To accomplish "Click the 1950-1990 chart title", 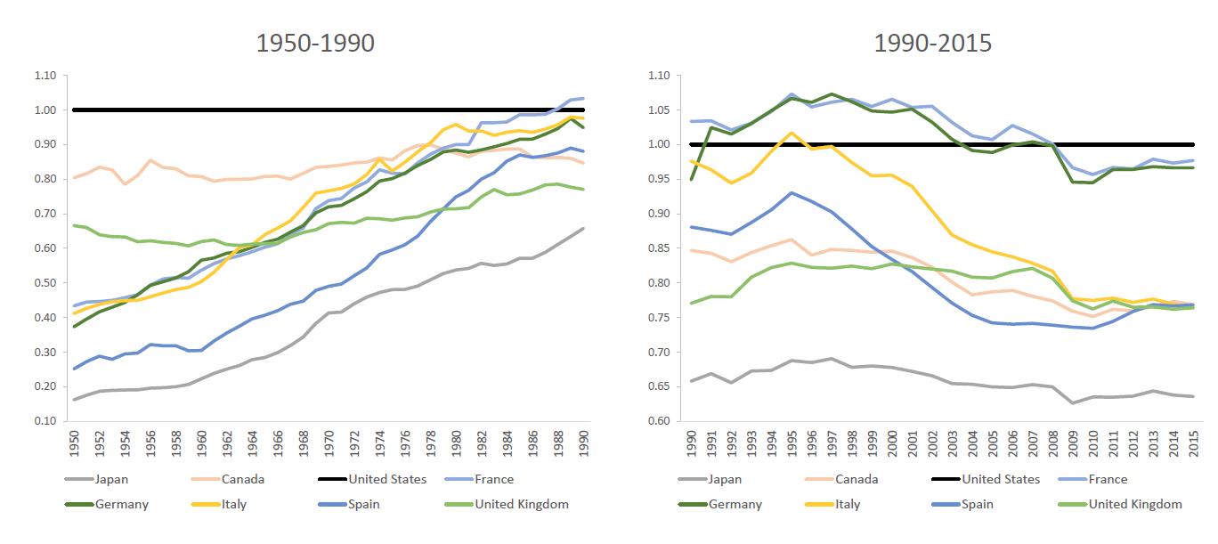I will (315, 44).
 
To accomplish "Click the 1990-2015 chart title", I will (932, 44).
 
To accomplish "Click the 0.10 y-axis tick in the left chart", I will (45, 421).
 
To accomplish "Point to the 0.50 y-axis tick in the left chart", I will (45, 283).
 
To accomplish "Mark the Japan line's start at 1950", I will (73, 399).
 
